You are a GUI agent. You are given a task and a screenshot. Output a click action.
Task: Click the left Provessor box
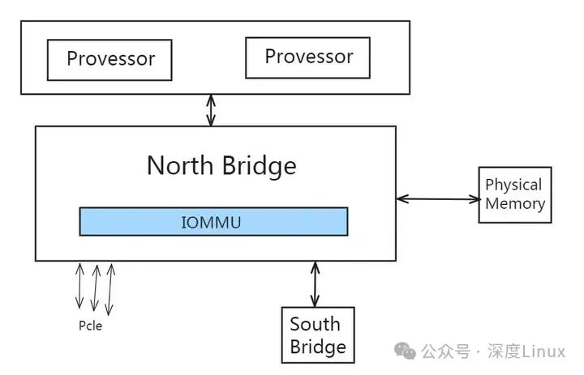(109, 59)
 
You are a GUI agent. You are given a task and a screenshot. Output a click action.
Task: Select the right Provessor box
(308, 57)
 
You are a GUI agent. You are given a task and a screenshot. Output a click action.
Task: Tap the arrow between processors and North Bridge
(211, 109)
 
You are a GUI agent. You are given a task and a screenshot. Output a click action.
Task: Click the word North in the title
(181, 165)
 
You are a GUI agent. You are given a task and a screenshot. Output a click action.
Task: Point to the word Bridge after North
(259, 165)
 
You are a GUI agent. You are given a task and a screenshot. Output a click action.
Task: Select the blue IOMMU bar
(213, 221)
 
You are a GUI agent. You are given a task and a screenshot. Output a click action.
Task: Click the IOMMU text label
(211, 222)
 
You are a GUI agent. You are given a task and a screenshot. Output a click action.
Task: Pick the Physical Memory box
(514, 194)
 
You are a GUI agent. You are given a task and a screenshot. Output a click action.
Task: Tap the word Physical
(513, 185)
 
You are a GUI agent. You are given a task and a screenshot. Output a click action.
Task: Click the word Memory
(514, 203)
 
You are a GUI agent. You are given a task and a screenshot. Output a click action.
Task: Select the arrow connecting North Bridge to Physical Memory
(438, 198)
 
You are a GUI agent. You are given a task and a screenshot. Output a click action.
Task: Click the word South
(315, 325)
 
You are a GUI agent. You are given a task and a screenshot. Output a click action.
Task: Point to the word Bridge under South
(318, 347)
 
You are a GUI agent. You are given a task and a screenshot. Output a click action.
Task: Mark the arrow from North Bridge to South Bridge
(314, 283)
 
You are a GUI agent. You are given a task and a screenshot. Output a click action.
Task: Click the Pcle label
(90, 326)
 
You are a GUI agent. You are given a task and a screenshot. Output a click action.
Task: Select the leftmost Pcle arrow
(79, 286)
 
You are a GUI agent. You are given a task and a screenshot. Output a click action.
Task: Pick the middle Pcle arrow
(95, 288)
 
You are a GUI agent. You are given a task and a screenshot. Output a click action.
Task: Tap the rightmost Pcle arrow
(109, 288)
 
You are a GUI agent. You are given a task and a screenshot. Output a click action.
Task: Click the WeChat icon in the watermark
(406, 351)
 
